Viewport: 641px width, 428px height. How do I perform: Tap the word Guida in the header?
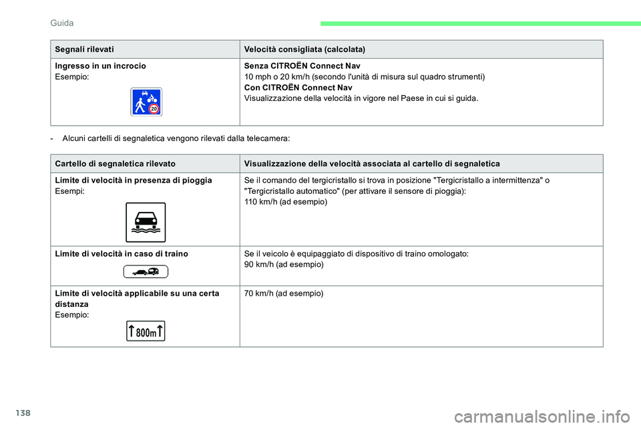point(62,23)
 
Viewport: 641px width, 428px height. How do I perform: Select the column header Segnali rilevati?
point(85,49)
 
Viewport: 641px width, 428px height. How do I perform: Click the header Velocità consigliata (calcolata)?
point(304,49)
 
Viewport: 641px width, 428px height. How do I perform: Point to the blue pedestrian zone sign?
point(146,102)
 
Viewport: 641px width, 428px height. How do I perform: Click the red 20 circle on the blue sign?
point(154,108)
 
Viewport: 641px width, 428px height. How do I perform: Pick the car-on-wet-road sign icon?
point(146,222)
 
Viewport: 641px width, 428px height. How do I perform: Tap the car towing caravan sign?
point(146,271)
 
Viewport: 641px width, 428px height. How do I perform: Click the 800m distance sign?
point(146,331)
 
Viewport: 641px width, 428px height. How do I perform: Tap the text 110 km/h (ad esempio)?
point(286,201)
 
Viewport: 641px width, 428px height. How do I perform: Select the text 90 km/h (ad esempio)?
point(284,264)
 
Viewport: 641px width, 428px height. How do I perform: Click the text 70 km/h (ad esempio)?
point(284,294)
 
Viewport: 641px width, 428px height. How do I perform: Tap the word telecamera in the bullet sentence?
point(266,138)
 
